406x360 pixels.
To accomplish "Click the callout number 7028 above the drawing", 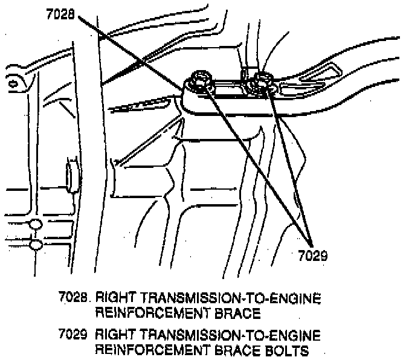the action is point(60,14).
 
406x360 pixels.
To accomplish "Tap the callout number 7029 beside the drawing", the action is point(313,255).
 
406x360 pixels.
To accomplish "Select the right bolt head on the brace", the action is point(262,79).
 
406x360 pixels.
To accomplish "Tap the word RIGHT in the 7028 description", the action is point(115,298).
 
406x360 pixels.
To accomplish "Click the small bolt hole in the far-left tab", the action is point(12,85).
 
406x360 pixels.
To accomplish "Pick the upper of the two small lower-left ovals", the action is point(34,225).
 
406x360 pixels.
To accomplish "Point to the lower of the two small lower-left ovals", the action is point(35,245).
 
